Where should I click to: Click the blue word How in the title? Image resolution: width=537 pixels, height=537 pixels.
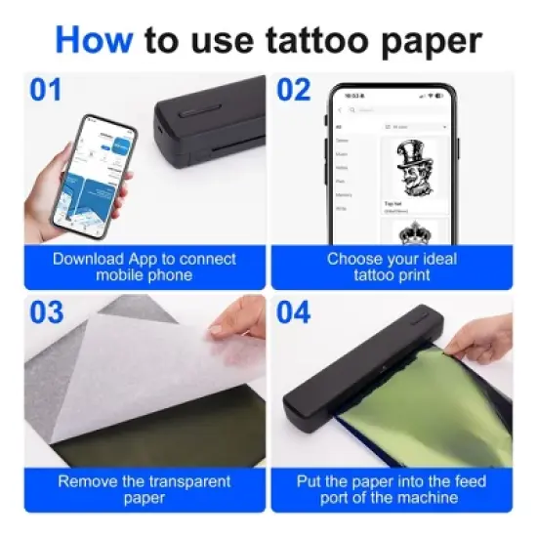pos(95,40)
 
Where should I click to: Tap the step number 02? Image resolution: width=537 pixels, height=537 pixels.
pos(293,91)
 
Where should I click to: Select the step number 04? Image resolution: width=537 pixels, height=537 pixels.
pos(293,313)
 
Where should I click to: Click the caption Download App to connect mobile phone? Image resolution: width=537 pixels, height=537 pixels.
pos(145,267)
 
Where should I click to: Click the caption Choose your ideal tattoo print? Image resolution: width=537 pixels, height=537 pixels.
pos(391,267)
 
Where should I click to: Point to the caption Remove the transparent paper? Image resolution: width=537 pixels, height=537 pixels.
pos(145,489)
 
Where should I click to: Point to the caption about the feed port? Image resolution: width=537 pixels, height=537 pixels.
pos(391,489)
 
